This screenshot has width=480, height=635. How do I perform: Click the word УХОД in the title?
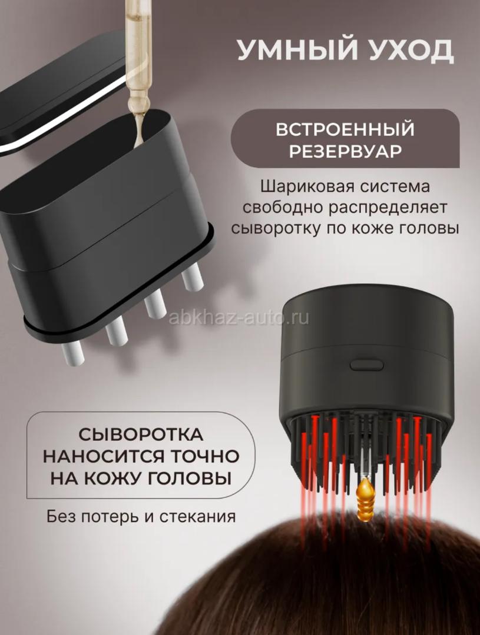pos(408,50)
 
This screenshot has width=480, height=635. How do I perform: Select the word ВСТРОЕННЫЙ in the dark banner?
pos(345,129)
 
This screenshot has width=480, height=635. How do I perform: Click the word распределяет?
pos(387,208)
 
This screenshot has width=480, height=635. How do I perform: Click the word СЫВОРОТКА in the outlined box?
pos(141,435)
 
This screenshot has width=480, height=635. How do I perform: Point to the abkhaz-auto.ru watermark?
pos(239,318)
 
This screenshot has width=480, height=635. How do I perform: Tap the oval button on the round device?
pos(366,365)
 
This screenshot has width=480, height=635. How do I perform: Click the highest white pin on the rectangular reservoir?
pos(192,276)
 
